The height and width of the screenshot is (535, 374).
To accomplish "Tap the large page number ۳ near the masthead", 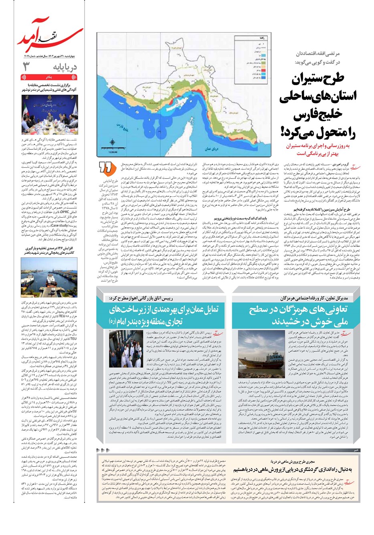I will pos(26,66).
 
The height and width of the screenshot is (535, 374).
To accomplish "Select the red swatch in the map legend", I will pos(243,70).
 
